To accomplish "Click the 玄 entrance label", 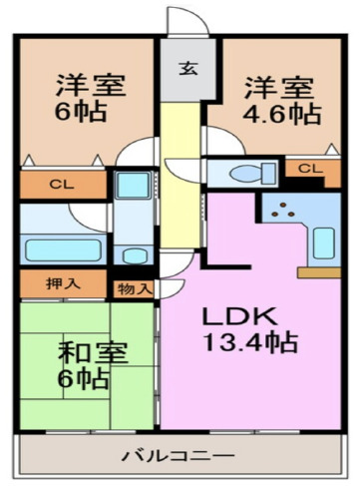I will [x=186, y=69].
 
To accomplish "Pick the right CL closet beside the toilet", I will [x=309, y=169].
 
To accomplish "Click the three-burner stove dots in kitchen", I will [x=287, y=210].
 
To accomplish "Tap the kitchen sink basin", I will [x=323, y=243].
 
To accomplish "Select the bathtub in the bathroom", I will [x=60, y=249].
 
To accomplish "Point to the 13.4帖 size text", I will [x=252, y=344].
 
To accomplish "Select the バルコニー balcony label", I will [x=179, y=456].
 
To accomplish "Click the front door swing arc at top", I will [x=185, y=22].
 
